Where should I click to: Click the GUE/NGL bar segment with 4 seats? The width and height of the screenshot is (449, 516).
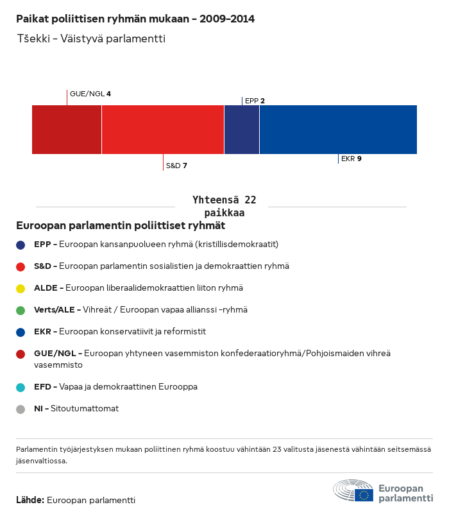tap(67, 130)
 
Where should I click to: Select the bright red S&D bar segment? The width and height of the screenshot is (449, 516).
tap(163, 130)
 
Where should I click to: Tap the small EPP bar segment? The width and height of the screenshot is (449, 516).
tap(242, 130)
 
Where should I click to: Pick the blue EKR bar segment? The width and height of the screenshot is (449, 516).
tap(338, 130)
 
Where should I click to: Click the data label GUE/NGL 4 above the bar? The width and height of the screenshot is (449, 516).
tap(90, 94)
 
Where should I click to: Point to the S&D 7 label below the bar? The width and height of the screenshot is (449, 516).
tap(176, 166)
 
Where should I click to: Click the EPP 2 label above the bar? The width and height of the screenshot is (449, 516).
tap(255, 101)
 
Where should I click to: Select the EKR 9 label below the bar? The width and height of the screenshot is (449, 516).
tap(351, 159)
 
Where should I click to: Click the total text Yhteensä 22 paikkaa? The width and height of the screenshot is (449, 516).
tap(224, 206)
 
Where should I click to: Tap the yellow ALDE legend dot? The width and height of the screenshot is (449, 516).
tap(21, 288)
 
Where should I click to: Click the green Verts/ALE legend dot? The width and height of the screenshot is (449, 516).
tap(21, 310)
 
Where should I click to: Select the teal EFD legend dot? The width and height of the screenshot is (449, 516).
tap(21, 387)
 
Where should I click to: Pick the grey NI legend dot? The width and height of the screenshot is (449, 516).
tap(21, 409)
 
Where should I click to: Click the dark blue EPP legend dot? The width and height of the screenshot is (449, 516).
tap(21, 245)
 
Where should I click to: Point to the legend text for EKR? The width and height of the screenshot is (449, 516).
tap(129, 332)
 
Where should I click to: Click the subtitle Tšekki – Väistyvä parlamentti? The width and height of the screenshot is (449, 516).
tap(90, 39)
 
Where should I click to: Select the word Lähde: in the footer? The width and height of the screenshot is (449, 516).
tap(30, 500)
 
